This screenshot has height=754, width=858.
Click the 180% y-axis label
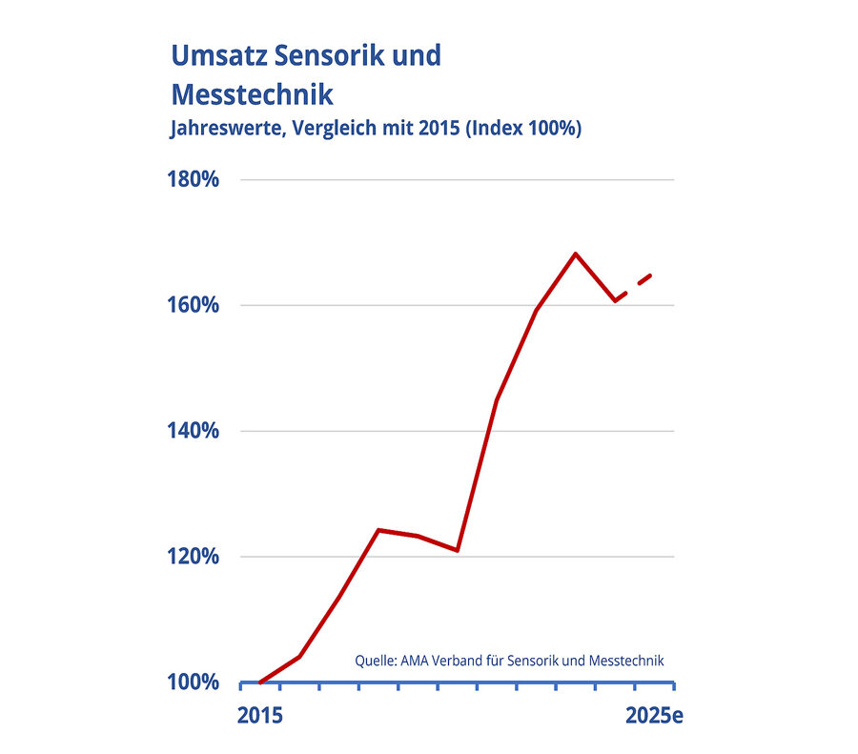coord(194,180)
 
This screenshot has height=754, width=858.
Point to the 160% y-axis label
coord(194,306)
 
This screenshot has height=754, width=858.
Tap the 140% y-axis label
coord(194,432)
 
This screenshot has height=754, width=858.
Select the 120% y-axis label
coord(194,558)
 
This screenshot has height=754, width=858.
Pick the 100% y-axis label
coord(194,683)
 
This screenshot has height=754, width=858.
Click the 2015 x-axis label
coord(259,716)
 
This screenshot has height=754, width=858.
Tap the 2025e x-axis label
coord(654,716)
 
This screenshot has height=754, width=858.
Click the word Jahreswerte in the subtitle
coord(225,129)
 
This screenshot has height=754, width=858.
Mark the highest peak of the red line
coord(575,254)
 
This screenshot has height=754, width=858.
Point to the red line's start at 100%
coord(260,683)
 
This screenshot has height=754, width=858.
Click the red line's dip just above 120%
coord(458,550)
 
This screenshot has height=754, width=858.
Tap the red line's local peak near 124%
coord(378,530)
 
